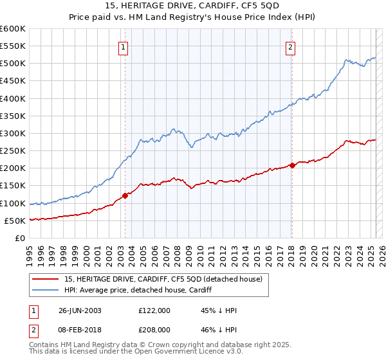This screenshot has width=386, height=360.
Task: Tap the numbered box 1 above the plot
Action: [123, 46]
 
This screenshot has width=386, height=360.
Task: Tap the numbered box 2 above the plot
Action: [291, 46]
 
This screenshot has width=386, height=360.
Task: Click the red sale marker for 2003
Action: [125, 196]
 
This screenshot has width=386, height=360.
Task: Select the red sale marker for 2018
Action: [292, 165]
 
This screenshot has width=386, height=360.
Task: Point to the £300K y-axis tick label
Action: [12, 134]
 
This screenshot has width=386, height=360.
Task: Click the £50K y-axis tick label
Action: [15, 221]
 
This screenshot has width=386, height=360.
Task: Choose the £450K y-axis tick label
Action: [12, 81]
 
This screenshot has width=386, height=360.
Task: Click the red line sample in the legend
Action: [45, 280]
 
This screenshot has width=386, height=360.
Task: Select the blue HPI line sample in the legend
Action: [45, 291]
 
